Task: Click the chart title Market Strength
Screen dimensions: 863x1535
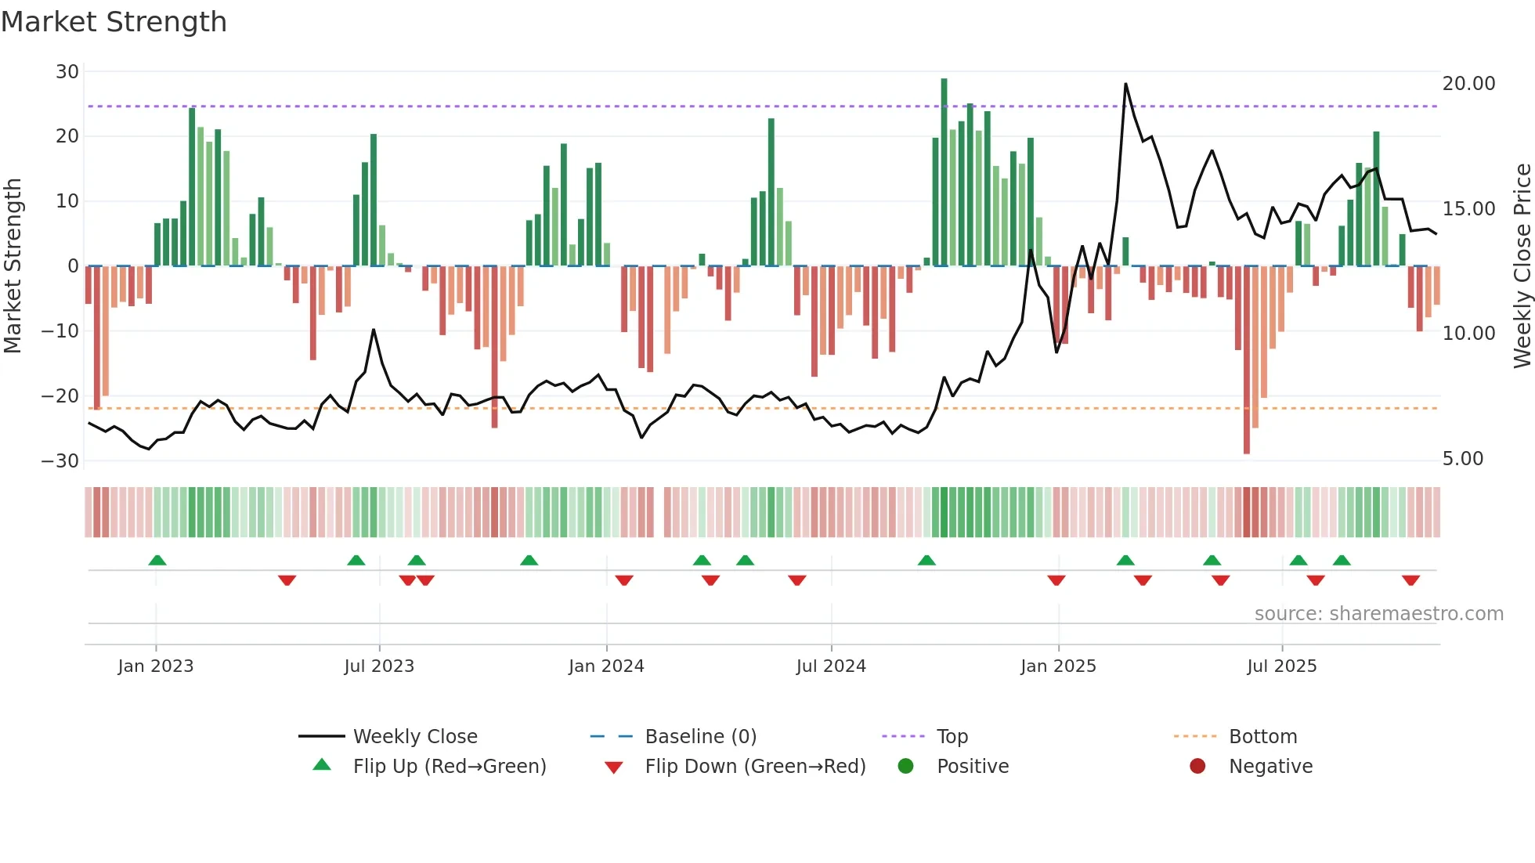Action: (114, 22)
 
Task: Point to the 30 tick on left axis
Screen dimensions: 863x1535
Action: (67, 72)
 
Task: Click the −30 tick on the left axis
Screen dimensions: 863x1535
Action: (60, 460)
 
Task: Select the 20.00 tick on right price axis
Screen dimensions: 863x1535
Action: (1468, 84)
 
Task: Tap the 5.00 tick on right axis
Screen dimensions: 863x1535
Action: (1462, 459)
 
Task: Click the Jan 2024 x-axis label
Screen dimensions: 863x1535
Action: (606, 666)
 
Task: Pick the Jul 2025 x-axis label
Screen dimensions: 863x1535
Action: (1281, 666)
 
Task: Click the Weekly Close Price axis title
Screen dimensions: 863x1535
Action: (1522, 265)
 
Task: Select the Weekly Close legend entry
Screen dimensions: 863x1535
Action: (414, 737)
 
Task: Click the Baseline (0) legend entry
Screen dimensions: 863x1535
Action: (700, 737)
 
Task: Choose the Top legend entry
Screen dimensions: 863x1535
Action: (952, 737)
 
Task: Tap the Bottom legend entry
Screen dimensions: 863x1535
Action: (1262, 737)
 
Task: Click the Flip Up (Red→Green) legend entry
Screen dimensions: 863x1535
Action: (449, 767)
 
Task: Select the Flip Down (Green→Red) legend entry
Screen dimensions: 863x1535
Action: (755, 767)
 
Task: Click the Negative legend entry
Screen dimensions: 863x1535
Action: (1270, 767)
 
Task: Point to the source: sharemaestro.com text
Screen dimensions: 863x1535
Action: (1378, 614)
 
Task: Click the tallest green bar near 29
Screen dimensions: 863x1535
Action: (944, 172)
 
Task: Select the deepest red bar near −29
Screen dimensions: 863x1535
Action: (1247, 360)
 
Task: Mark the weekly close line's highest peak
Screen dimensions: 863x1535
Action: (1125, 84)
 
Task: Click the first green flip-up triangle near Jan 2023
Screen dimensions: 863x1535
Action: (157, 560)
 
